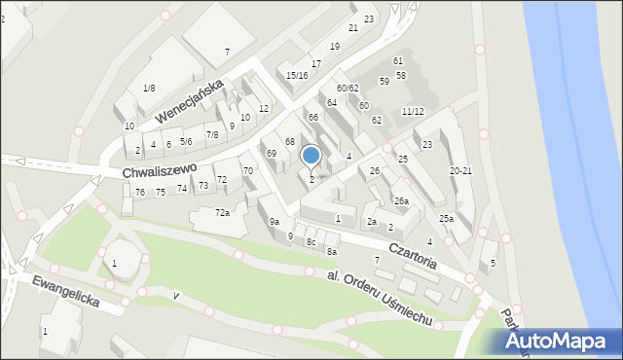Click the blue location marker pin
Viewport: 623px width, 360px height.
pos(311,156)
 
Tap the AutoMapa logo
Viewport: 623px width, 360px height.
pos(557,342)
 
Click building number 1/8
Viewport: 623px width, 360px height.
pos(149,89)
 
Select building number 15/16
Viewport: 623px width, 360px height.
pos(297,75)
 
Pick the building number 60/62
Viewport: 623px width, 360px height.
pos(348,89)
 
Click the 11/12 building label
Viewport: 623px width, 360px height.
pos(413,112)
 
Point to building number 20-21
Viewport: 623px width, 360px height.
pos(460,171)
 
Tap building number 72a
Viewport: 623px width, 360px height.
pos(222,213)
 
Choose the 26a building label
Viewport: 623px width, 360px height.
pos(401,201)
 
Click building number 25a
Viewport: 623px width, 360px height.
pos(446,219)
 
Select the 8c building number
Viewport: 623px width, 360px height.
pos(311,241)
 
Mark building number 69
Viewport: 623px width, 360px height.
pos(272,154)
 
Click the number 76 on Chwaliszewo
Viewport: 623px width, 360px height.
pos(140,193)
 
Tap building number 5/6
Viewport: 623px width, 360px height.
pos(186,142)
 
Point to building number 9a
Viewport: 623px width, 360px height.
pos(275,223)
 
